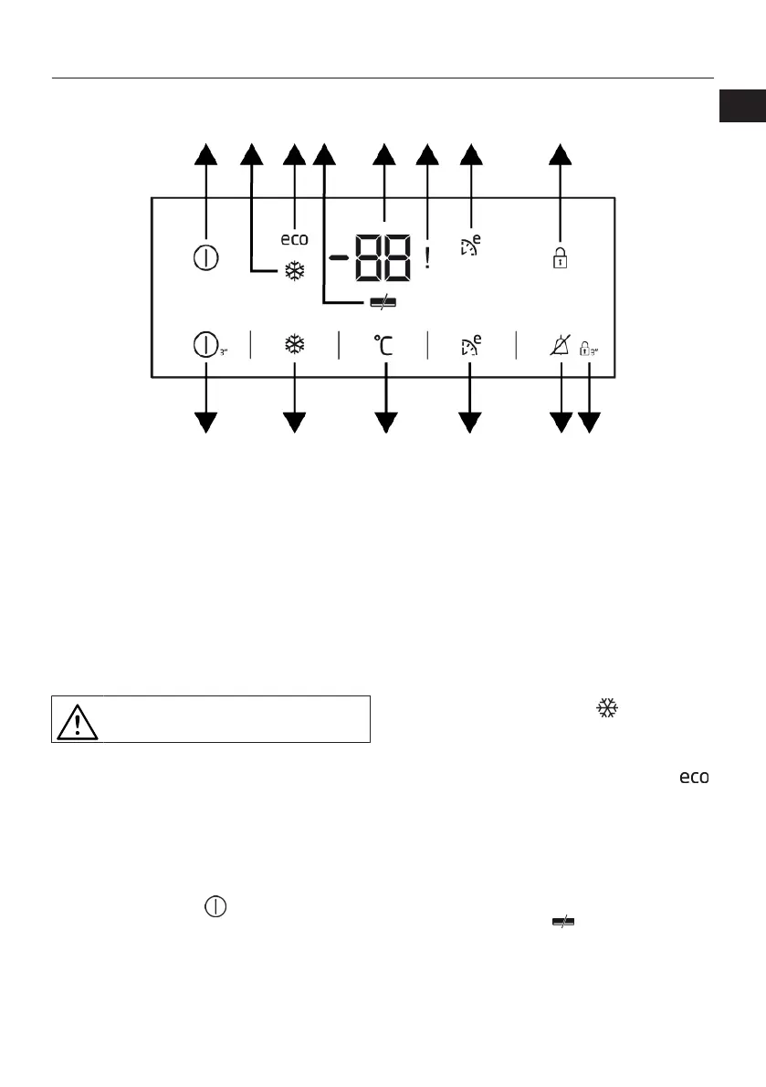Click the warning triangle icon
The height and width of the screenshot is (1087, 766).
(78, 720)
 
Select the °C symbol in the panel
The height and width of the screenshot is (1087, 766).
(385, 346)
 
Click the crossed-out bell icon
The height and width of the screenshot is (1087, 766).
(561, 346)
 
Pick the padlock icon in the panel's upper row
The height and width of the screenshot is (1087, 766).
(561, 259)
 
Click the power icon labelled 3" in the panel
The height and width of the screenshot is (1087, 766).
(206, 346)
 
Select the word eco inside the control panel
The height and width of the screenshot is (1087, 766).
(294, 239)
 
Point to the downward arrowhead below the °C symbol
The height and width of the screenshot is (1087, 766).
(386, 422)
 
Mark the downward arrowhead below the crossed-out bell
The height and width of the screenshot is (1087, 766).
(561, 422)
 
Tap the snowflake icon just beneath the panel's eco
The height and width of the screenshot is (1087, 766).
(294, 270)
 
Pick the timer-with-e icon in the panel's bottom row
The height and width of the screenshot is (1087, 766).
(470, 346)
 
